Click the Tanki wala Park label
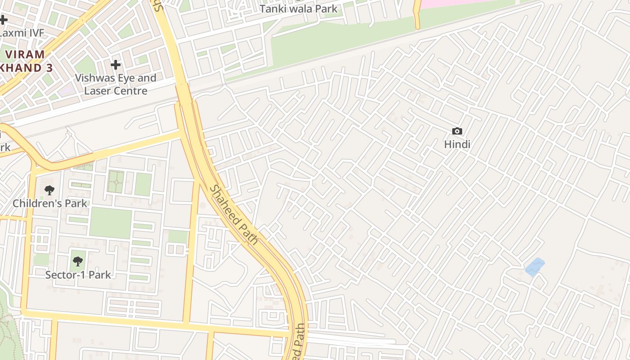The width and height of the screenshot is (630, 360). pyautogui.click(x=298, y=9)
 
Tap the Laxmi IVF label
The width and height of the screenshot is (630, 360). pyautogui.click(x=22, y=33)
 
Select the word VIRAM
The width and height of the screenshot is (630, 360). pyautogui.click(x=25, y=54)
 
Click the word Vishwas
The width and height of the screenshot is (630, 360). pyautogui.click(x=93, y=78)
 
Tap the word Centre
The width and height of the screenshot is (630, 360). pyautogui.click(x=132, y=90)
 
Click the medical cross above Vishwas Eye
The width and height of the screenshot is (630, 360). pyautogui.click(x=116, y=65)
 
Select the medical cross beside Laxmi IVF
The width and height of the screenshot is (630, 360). pyautogui.click(x=3, y=20)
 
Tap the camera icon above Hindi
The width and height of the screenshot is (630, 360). pyautogui.click(x=457, y=131)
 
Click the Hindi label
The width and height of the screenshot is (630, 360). pyautogui.click(x=457, y=144)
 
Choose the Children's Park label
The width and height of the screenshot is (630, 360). pyautogui.click(x=49, y=203)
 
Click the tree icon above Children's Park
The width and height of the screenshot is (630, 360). pyautogui.click(x=49, y=190)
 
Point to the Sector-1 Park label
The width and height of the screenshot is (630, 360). pyautogui.click(x=78, y=274)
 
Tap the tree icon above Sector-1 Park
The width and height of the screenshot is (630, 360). pyautogui.click(x=78, y=261)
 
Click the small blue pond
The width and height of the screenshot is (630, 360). pyautogui.click(x=535, y=266)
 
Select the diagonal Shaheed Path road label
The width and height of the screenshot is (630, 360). pyautogui.click(x=234, y=215)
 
